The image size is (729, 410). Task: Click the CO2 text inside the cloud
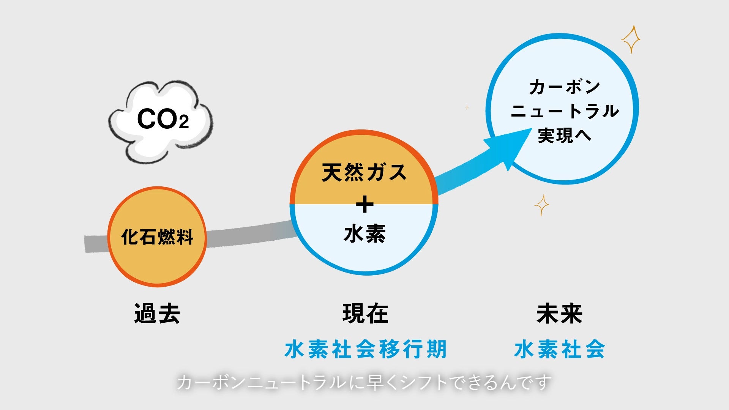(x=163, y=119)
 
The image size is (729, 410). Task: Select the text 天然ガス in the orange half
(x=364, y=172)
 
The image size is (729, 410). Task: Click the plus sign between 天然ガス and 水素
(x=364, y=205)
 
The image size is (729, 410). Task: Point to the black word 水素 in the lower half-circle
(x=364, y=233)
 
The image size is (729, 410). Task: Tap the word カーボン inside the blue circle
(x=564, y=87)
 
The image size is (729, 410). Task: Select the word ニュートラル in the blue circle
(x=565, y=111)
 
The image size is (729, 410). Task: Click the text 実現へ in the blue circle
(x=564, y=135)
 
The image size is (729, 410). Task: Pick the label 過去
(x=157, y=314)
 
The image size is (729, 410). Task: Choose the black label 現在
(x=365, y=314)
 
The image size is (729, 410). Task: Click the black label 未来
(x=559, y=314)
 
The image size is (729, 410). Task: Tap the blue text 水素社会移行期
(x=365, y=349)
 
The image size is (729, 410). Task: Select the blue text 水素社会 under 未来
(x=559, y=349)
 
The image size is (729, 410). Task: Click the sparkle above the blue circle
(x=631, y=39)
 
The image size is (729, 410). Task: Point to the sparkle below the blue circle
(x=541, y=205)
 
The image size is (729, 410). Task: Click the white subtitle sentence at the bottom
(x=364, y=382)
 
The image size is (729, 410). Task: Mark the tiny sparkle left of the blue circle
(x=467, y=108)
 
